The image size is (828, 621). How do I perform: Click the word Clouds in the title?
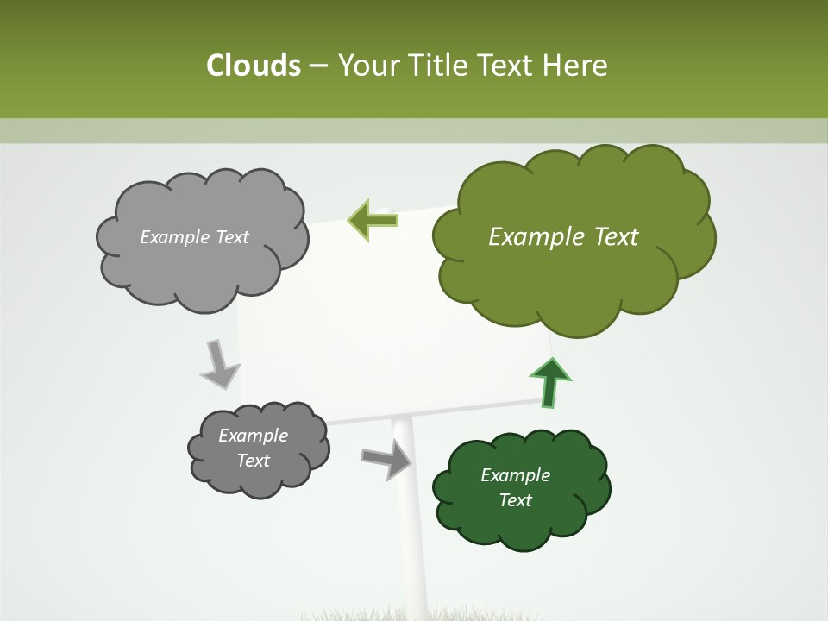pyautogui.click(x=253, y=66)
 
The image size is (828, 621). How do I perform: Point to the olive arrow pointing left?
pyautogui.click(x=373, y=220)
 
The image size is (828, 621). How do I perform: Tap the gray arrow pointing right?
pyautogui.click(x=386, y=459)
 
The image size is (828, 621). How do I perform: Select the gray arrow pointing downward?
pyautogui.click(x=220, y=364)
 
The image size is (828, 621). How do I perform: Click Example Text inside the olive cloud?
pyautogui.click(x=563, y=236)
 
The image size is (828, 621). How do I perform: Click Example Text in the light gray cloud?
pyautogui.click(x=194, y=237)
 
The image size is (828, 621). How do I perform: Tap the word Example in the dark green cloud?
pyautogui.click(x=515, y=475)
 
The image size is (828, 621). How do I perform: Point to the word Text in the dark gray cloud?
pyautogui.click(x=253, y=461)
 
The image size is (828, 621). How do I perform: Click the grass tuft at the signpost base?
pyautogui.click(x=405, y=614)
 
